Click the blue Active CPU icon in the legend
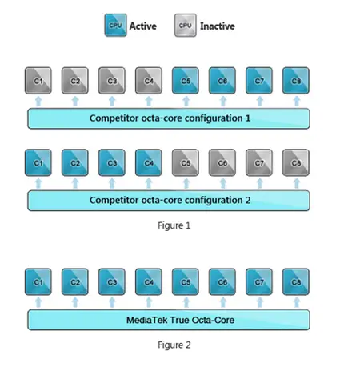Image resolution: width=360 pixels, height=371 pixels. (x=115, y=25)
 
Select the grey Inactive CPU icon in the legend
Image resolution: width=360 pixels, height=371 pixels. (x=186, y=25)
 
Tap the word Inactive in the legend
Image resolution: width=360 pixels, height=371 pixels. (x=218, y=26)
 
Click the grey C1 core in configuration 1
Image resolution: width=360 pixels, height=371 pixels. (x=38, y=81)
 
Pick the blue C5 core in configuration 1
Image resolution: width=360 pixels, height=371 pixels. (x=186, y=81)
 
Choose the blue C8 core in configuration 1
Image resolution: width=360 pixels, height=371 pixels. (x=296, y=81)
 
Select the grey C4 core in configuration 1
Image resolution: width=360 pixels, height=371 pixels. (x=149, y=81)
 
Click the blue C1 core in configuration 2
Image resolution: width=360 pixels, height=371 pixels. (x=38, y=162)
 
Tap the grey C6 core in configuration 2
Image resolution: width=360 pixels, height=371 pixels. (x=222, y=162)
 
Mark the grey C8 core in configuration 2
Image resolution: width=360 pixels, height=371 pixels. (x=296, y=162)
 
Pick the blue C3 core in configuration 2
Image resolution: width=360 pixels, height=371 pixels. (x=112, y=162)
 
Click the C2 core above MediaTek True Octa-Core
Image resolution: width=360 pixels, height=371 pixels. (x=75, y=282)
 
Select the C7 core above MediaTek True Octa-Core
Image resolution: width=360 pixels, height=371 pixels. (x=259, y=282)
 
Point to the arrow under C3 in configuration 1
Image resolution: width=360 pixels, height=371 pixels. (x=112, y=102)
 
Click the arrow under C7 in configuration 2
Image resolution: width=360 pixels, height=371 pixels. (x=260, y=183)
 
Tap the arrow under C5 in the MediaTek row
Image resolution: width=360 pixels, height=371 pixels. (x=186, y=303)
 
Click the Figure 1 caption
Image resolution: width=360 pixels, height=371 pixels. (x=174, y=225)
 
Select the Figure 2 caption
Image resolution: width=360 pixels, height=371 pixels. (x=174, y=345)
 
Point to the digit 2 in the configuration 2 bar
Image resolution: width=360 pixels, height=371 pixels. (x=248, y=200)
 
